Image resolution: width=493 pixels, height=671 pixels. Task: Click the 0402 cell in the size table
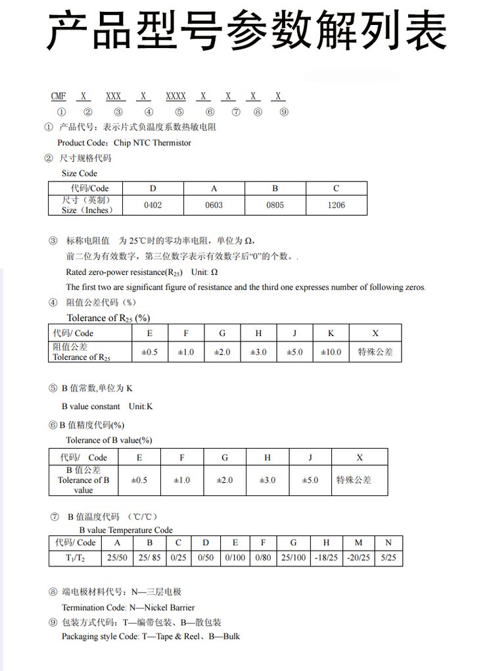coord(153,205)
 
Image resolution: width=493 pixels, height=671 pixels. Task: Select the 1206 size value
coord(336,205)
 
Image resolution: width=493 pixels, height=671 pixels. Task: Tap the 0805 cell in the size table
coord(275,205)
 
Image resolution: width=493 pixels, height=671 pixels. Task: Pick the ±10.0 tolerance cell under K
coord(331,352)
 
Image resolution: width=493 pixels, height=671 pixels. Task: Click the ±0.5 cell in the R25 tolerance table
coord(150,352)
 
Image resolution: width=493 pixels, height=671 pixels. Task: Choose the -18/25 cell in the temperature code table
coord(326,558)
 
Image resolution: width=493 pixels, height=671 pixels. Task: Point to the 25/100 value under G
coord(293,558)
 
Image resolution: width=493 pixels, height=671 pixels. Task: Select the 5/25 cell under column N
coord(388,558)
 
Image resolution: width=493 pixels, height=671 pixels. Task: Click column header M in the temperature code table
coord(358,543)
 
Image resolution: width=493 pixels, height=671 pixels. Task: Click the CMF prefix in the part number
coord(59,96)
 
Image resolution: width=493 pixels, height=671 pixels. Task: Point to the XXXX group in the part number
coord(176,96)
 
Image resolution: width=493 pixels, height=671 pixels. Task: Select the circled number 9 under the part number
coord(284,112)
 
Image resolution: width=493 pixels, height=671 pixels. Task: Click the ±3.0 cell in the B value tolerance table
coord(268,480)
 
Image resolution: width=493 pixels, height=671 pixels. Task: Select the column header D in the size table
coord(153,189)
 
